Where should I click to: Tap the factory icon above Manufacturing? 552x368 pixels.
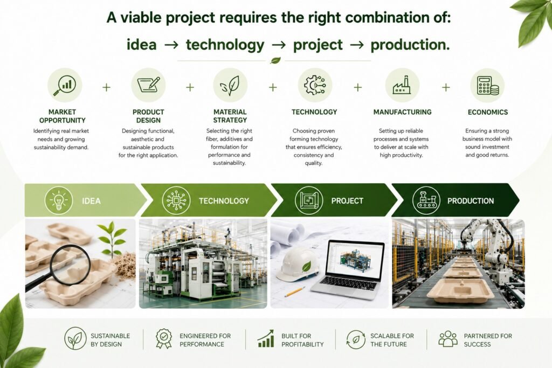402,85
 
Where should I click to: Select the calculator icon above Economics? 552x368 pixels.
487,86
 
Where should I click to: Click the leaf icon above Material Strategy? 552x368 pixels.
230,86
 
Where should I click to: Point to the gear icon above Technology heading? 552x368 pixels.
315,85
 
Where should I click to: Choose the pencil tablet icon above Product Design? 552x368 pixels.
149,85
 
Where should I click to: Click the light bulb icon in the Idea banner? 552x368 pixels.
59,200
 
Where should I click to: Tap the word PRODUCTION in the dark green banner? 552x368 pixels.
470,201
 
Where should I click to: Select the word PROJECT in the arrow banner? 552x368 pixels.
347,201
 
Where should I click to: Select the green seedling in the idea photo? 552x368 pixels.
112,238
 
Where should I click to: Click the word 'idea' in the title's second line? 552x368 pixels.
142,45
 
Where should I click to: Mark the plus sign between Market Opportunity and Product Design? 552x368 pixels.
106,87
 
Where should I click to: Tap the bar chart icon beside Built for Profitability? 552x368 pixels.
266,338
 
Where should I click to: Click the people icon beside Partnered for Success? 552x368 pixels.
448,339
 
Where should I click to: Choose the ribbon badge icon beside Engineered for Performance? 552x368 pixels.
164,338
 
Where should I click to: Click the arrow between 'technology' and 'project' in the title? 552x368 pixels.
279,45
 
